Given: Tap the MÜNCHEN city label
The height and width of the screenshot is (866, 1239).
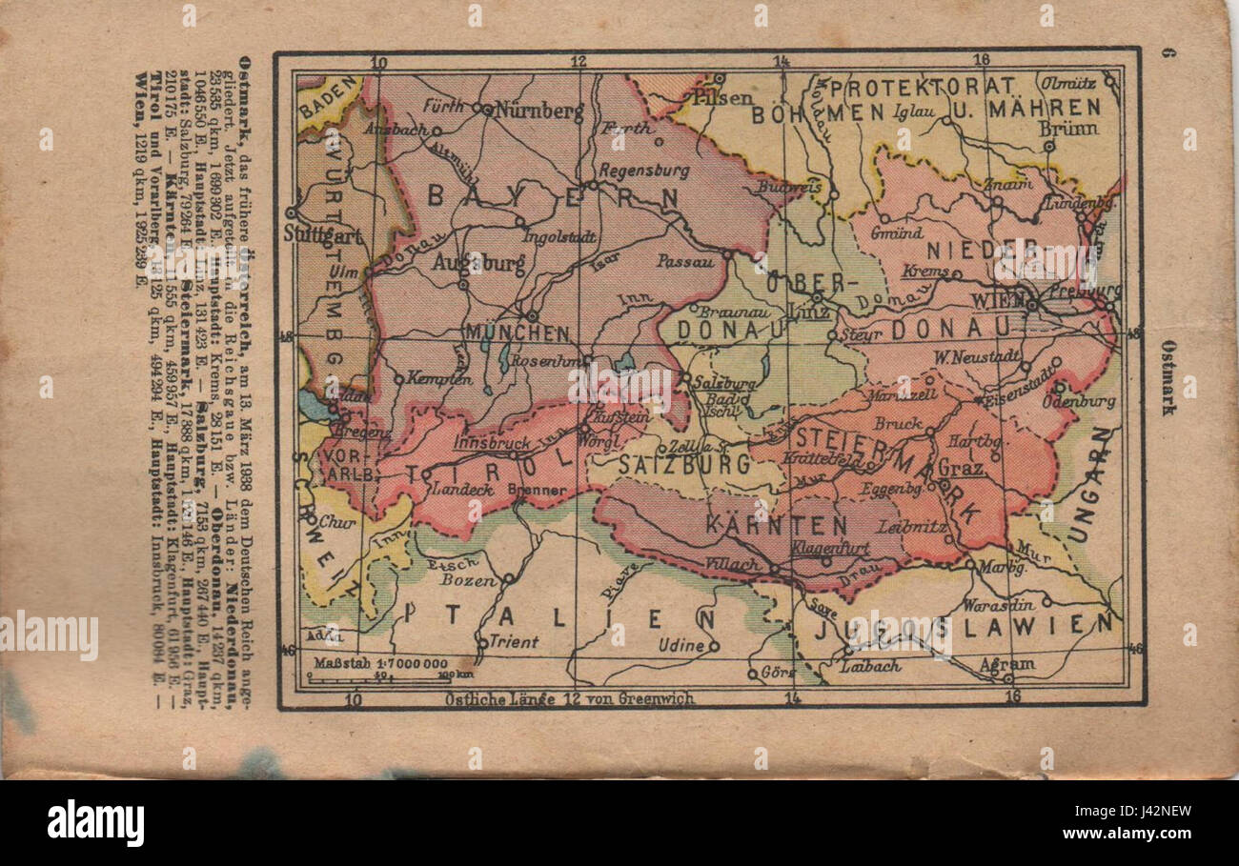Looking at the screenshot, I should pos(518,334).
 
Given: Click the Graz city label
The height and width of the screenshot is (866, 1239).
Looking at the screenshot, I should pos(960,469).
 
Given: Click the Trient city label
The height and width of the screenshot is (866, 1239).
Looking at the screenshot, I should pos(514,642).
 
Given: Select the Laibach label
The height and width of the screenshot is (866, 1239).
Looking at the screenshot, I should pos(869,666).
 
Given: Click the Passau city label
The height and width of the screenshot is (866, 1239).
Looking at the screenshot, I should pos(685,258).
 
